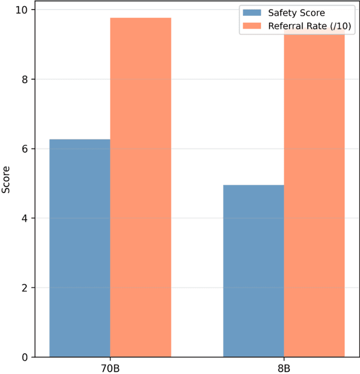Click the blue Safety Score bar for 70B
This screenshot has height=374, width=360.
coord(80,247)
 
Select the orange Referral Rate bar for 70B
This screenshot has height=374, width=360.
coord(141,187)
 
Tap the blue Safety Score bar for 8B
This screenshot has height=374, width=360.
coord(254,271)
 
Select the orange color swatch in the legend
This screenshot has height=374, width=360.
coord(250,25)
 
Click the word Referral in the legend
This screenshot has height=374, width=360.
coord(284,25)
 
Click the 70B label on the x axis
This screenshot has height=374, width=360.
coord(110,368)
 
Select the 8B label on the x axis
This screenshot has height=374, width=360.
coord(284,368)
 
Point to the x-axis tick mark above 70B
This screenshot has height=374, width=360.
coord(110,359)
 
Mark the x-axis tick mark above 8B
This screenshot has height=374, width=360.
coord(284,359)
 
